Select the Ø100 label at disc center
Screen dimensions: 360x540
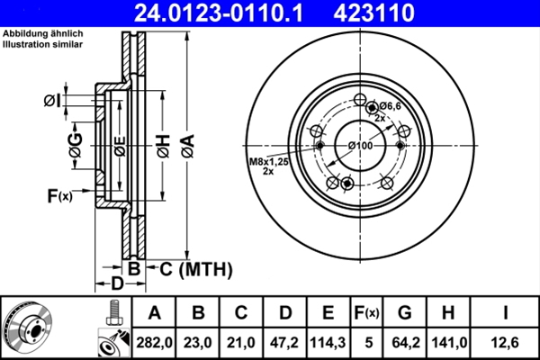[x=360, y=146]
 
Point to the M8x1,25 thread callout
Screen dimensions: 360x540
[x=267, y=162]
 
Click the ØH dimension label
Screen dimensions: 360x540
[x=163, y=145]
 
